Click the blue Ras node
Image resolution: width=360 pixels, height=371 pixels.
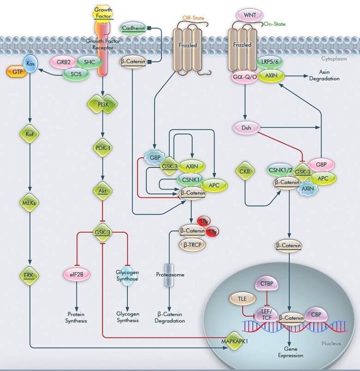pyautogui.click(x=31, y=63)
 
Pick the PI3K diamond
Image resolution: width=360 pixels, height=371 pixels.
pyautogui.click(x=103, y=104)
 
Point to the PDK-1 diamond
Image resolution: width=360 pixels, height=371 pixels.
pyautogui.click(x=103, y=147)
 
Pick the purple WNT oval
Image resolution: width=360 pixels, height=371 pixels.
pyautogui.click(x=249, y=16)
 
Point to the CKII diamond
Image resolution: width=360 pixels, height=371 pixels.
pyautogui.click(x=245, y=171)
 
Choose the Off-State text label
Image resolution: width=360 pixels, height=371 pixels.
pyautogui.click(x=193, y=18)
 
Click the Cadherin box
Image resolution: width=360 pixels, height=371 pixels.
pyautogui.click(x=133, y=28)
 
